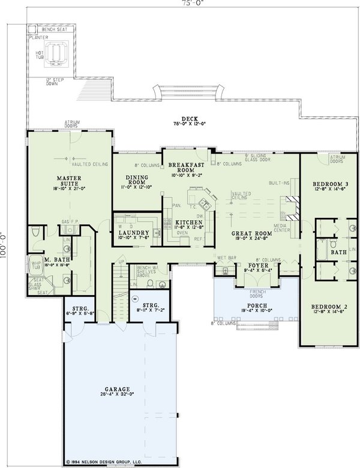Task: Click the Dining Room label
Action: pos(137,181)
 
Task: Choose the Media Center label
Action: pos(282,228)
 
